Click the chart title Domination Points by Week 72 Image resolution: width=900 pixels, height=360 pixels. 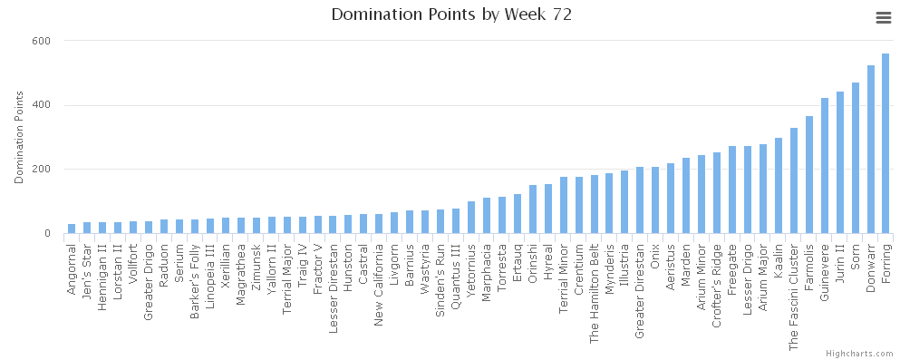pyautogui.click(x=450, y=15)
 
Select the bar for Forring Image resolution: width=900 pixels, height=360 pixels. pyautogui.click(x=885, y=143)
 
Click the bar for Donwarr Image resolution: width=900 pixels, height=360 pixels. pyautogui.click(x=870, y=150)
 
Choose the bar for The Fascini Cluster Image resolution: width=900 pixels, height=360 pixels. pyautogui.click(x=793, y=180)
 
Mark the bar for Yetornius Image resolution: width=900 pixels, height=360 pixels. pyautogui.click(x=470, y=218)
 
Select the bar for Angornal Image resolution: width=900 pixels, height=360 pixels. pyautogui.click(x=72, y=229)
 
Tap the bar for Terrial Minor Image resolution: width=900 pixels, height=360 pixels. pyautogui.click(x=563, y=205)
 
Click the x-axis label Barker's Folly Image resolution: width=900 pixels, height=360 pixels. pyautogui.click(x=195, y=271)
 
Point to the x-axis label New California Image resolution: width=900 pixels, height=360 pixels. pyautogui.click(x=379, y=276)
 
